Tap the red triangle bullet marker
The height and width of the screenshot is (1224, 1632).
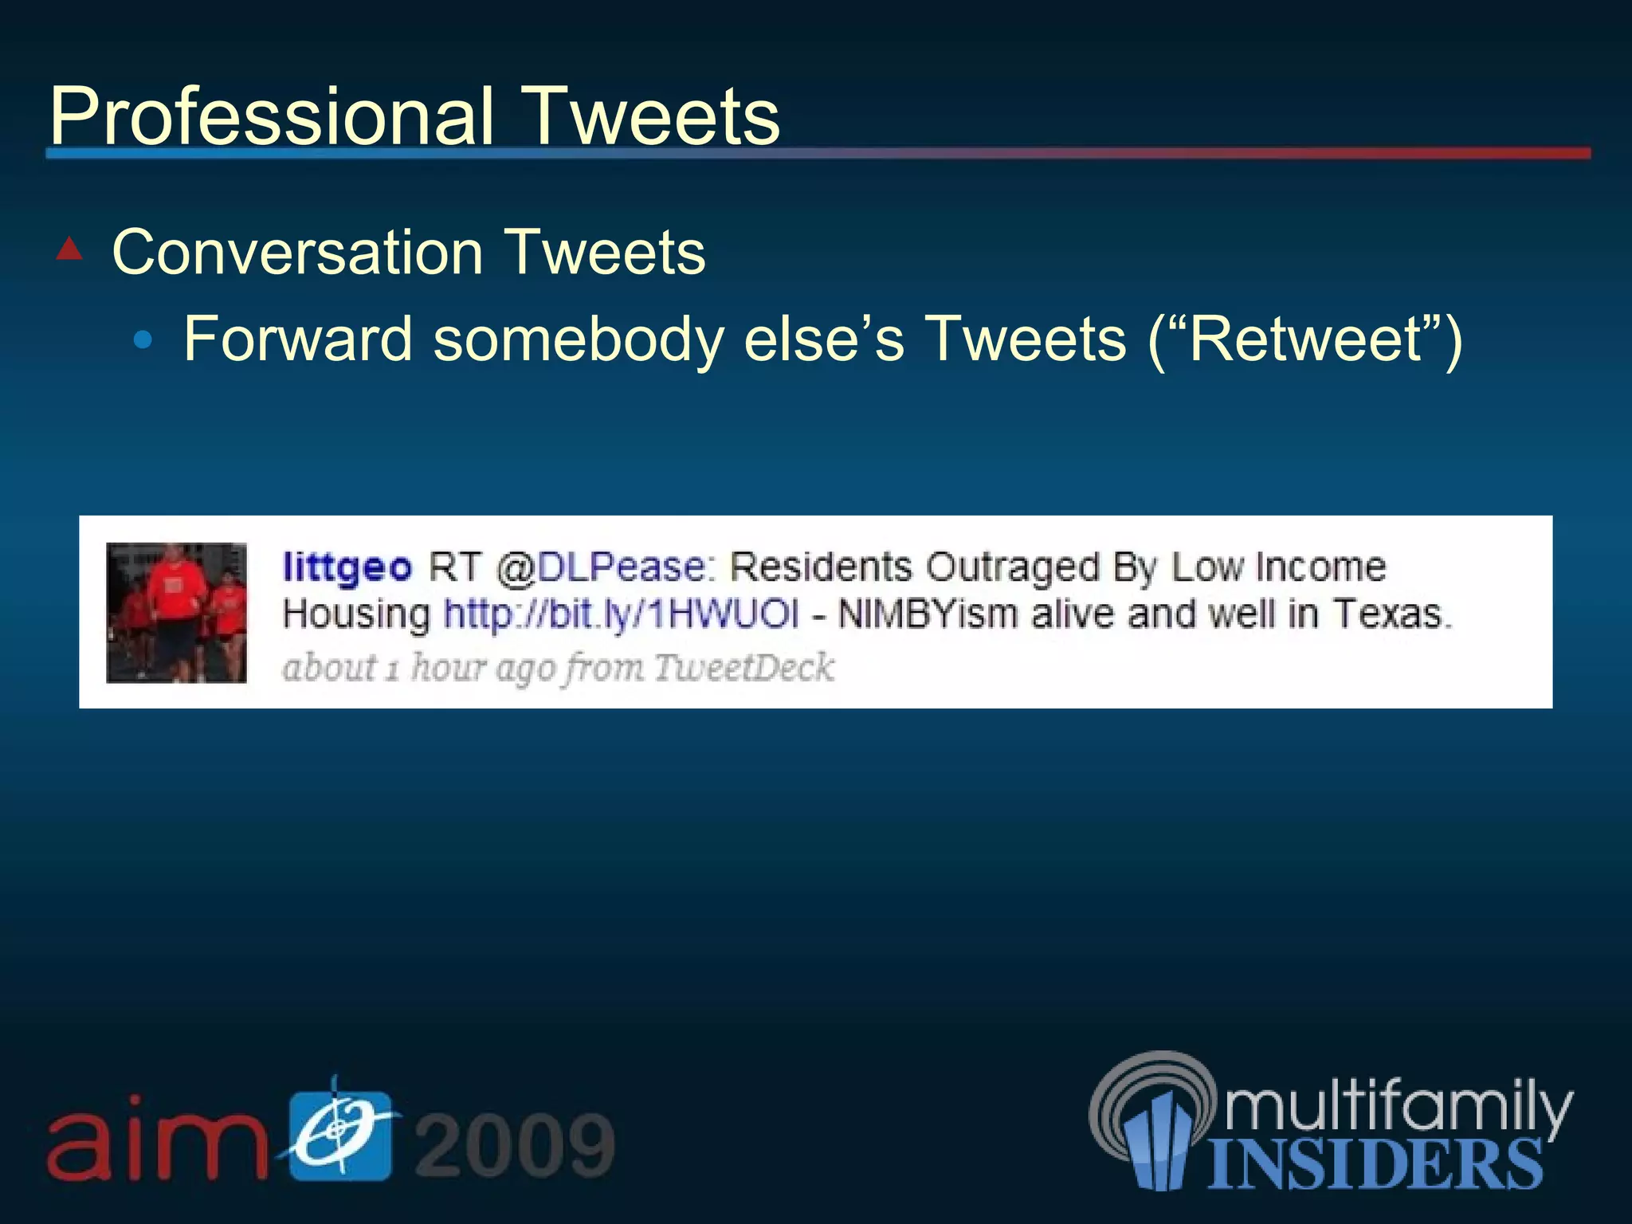point(70,249)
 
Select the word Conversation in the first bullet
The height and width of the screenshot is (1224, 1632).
point(297,253)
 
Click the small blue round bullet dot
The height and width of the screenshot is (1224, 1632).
point(143,341)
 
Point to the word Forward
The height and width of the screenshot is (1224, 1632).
point(297,339)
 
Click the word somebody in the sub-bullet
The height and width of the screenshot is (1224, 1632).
point(578,339)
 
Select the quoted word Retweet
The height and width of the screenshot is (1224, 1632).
point(1304,339)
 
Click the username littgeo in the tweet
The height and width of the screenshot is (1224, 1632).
point(347,567)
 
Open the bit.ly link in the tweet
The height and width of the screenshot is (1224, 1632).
point(620,614)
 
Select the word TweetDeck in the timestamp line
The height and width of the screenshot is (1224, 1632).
point(743,667)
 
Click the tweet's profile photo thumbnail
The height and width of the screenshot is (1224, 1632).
point(176,612)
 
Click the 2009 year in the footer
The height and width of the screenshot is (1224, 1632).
point(515,1144)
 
